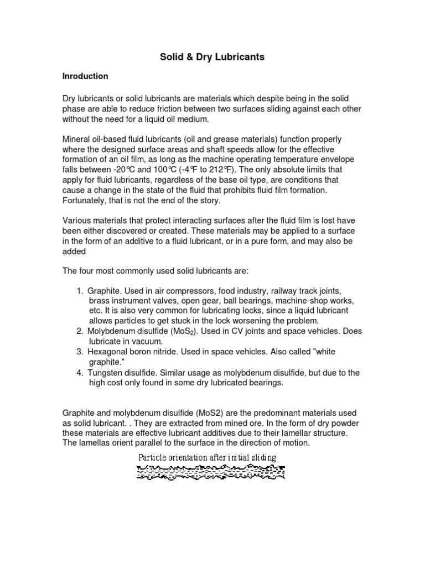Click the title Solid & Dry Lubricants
pos(212,57)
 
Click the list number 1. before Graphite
pos(80,291)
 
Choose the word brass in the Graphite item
pos(99,301)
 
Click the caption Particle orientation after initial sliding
pos(207,457)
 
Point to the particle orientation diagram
pos(211,472)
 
